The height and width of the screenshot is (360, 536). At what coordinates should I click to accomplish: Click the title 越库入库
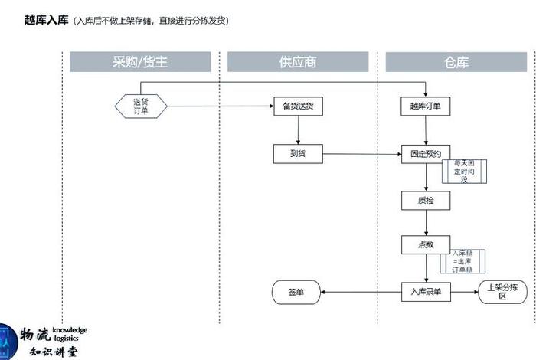(x=47, y=21)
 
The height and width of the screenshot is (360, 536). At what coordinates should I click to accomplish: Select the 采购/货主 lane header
(x=140, y=62)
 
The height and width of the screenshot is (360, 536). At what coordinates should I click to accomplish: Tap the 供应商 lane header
(x=298, y=62)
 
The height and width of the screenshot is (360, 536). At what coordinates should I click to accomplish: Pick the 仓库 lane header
(x=456, y=62)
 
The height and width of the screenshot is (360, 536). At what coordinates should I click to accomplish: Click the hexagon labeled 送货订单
(x=141, y=106)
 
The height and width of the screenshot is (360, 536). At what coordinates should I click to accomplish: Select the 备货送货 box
(x=298, y=106)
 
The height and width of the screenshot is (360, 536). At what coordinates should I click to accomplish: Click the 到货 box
(x=298, y=153)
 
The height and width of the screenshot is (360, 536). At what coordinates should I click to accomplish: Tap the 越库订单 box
(x=426, y=106)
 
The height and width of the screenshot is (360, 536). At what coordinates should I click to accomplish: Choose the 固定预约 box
(x=426, y=153)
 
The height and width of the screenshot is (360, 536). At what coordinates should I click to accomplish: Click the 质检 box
(x=426, y=200)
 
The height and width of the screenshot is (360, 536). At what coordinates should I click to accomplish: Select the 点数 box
(x=426, y=245)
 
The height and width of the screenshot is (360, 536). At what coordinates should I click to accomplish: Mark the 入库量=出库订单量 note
(x=462, y=261)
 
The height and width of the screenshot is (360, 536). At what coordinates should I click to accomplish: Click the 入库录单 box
(x=426, y=292)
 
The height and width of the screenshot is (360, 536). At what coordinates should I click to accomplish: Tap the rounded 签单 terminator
(x=296, y=292)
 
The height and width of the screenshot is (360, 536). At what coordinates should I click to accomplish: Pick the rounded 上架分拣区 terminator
(x=502, y=292)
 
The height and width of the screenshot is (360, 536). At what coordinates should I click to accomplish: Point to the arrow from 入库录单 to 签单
(x=361, y=292)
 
